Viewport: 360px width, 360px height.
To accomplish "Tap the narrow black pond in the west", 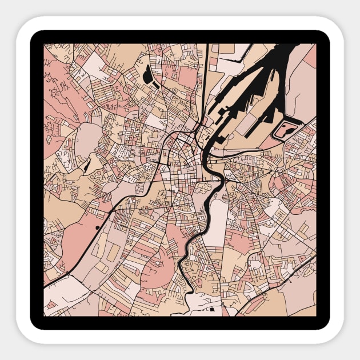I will coord(86,166).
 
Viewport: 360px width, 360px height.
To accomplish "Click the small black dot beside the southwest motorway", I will coord(98,227).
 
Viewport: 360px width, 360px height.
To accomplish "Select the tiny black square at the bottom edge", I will coord(212,310).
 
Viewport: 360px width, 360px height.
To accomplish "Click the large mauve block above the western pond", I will coord(87,137).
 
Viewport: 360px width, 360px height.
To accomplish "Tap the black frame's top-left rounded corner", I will coord(35,35).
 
